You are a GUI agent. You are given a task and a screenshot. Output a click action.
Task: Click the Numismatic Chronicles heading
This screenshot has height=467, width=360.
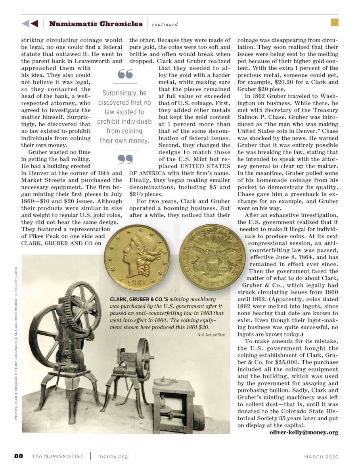click(96, 24)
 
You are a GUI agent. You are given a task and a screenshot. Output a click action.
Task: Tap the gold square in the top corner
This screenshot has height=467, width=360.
click(334, 23)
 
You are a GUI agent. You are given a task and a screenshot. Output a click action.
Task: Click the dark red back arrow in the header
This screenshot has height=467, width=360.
click(34, 24)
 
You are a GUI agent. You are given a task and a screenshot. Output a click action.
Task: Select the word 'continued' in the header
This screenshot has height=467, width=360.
click(165, 25)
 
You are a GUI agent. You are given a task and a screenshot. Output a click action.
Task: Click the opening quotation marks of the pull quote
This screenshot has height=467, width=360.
click(126, 74)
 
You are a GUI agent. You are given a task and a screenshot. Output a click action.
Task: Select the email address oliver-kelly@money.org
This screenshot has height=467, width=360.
click(304, 432)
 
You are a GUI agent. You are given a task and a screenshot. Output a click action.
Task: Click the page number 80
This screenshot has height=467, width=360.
click(19, 456)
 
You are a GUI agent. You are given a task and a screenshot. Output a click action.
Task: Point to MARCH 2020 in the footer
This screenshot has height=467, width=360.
click(322, 457)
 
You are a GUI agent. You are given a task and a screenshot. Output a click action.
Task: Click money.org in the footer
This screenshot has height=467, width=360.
click(113, 457)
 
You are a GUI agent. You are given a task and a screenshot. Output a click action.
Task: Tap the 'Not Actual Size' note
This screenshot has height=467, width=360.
click(211, 335)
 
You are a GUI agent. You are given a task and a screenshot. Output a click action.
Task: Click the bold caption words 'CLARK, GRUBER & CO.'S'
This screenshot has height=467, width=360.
click(135, 299)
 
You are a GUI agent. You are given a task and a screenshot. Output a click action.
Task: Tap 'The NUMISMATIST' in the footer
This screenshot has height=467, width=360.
click(58, 457)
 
